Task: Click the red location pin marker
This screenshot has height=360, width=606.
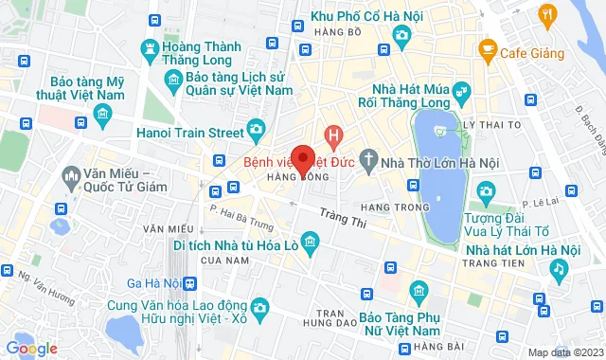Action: [303, 158]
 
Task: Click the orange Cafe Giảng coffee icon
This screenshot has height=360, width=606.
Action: [489, 47]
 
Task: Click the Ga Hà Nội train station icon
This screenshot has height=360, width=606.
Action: [190, 283]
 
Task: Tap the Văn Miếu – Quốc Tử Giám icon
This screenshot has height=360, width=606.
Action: [72, 175]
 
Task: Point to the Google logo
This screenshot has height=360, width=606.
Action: [30, 349]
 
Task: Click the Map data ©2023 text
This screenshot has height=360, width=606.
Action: [564, 352]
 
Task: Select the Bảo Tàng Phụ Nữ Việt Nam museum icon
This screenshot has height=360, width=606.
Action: [418, 289]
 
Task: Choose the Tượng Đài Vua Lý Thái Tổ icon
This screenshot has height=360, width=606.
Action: [486, 196]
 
